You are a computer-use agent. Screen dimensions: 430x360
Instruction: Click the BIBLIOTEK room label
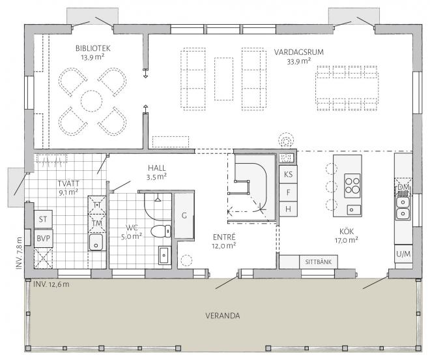(x=93, y=49)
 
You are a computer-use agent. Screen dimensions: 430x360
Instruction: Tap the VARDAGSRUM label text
(x=299, y=52)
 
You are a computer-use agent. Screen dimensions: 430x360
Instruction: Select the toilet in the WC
(x=161, y=231)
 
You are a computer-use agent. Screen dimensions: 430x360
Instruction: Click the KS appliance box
(x=288, y=174)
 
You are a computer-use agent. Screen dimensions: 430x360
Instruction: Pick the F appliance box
(x=288, y=192)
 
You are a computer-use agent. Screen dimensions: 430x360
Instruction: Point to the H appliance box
(x=288, y=209)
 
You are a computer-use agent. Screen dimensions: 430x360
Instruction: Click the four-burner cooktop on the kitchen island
(x=352, y=186)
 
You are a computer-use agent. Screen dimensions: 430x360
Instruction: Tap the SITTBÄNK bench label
(x=319, y=262)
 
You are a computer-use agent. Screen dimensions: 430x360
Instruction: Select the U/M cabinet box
(x=404, y=254)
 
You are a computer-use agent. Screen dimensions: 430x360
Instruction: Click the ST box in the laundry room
(x=43, y=219)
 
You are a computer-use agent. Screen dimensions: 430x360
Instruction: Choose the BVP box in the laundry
(x=44, y=238)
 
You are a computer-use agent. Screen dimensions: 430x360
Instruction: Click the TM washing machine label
(x=97, y=223)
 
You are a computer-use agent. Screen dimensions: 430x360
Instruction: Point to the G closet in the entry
(x=184, y=216)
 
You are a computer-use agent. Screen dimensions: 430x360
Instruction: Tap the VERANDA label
(x=223, y=316)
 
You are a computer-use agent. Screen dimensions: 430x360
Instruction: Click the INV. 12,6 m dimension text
(x=51, y=284)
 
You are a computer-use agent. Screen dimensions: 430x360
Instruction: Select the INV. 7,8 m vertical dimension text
(x=19, y=253)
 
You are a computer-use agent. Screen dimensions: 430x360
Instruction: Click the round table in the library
(x=92, y=101)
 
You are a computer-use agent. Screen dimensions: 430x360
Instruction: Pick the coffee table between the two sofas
(x=223, y=79)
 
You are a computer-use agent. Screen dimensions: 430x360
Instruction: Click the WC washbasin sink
(x=165, y=256)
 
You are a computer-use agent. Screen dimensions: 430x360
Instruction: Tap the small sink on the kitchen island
(x=351, y=210)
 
